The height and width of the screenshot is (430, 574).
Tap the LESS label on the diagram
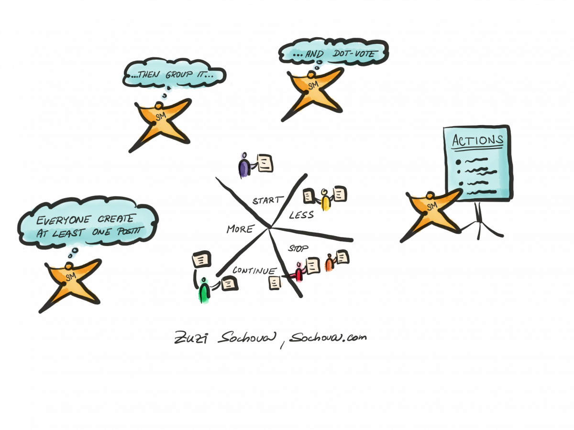tap(301, 215)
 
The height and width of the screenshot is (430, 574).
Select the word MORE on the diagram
tap(240, 229)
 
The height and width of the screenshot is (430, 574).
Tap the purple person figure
tap(244, 166)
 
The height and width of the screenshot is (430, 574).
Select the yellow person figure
tap(325, 201)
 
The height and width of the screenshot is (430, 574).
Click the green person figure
tap(204, 290)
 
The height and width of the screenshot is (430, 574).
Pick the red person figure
tap(299, 272)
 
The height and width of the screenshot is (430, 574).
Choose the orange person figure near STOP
tap(329, 263)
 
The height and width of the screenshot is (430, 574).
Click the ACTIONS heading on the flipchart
tap(477, 140)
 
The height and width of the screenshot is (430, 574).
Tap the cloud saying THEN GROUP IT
tap(173, 75)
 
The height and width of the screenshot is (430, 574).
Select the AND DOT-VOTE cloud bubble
tap(334, 54)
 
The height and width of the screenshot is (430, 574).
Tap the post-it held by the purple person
tap(265, 163)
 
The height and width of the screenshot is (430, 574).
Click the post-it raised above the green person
tap(201, 260)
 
